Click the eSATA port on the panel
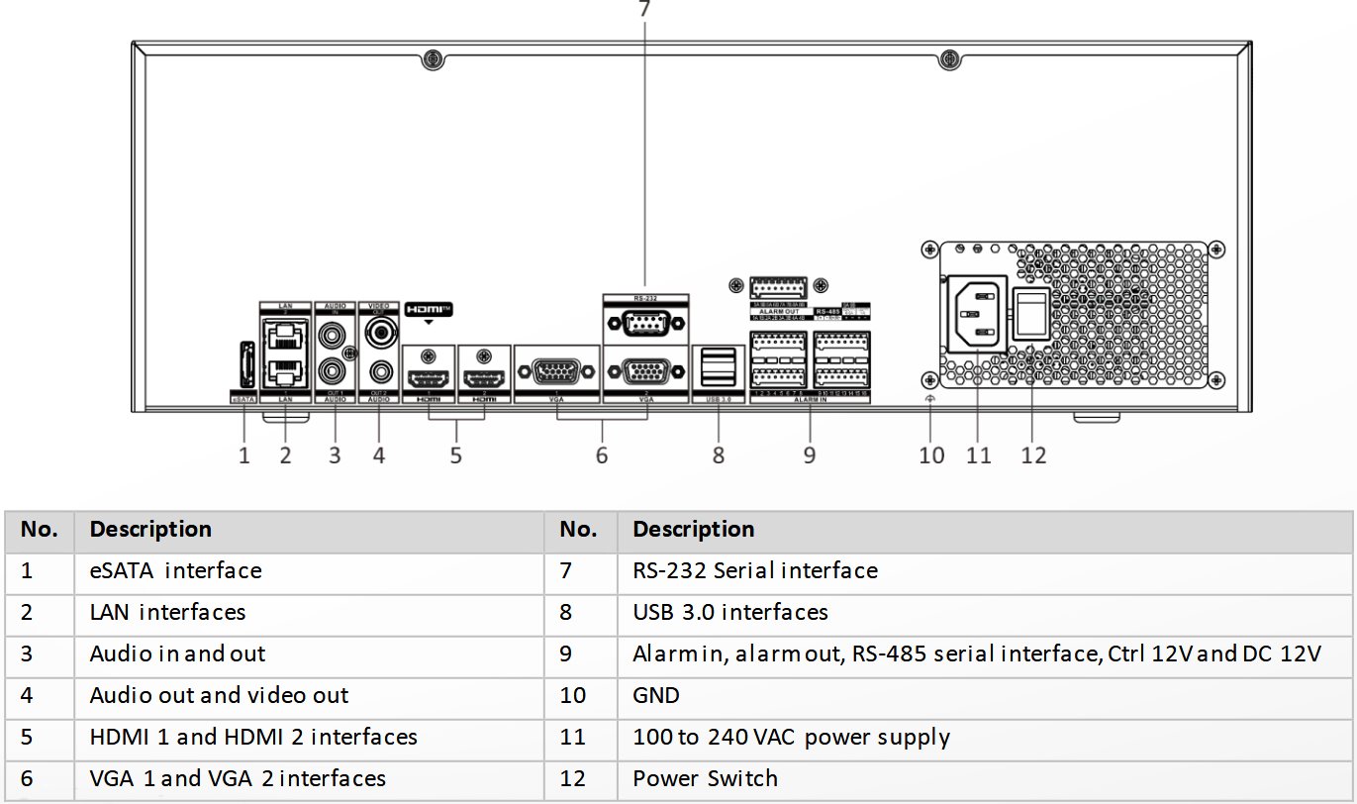[x=244, y=365]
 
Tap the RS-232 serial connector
[x=644, y=323]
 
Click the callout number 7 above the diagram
[x=644, y=9]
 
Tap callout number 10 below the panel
[x=930, y=454]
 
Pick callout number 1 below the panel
[x=244, y=454]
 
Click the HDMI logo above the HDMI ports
[x=430, y=309]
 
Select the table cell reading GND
[x=656, y=695]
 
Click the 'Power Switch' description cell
[x=705, y=778]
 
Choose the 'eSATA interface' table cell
[x=175, y=570]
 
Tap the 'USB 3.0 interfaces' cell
[x=729, y=612]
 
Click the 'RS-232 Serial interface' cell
[x=754, y=570]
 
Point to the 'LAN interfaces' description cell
[x=167, y=612]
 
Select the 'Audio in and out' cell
[x=177, y=653]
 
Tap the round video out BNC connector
[x=378, y=334]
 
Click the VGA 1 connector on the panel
[x=557, y=372]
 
